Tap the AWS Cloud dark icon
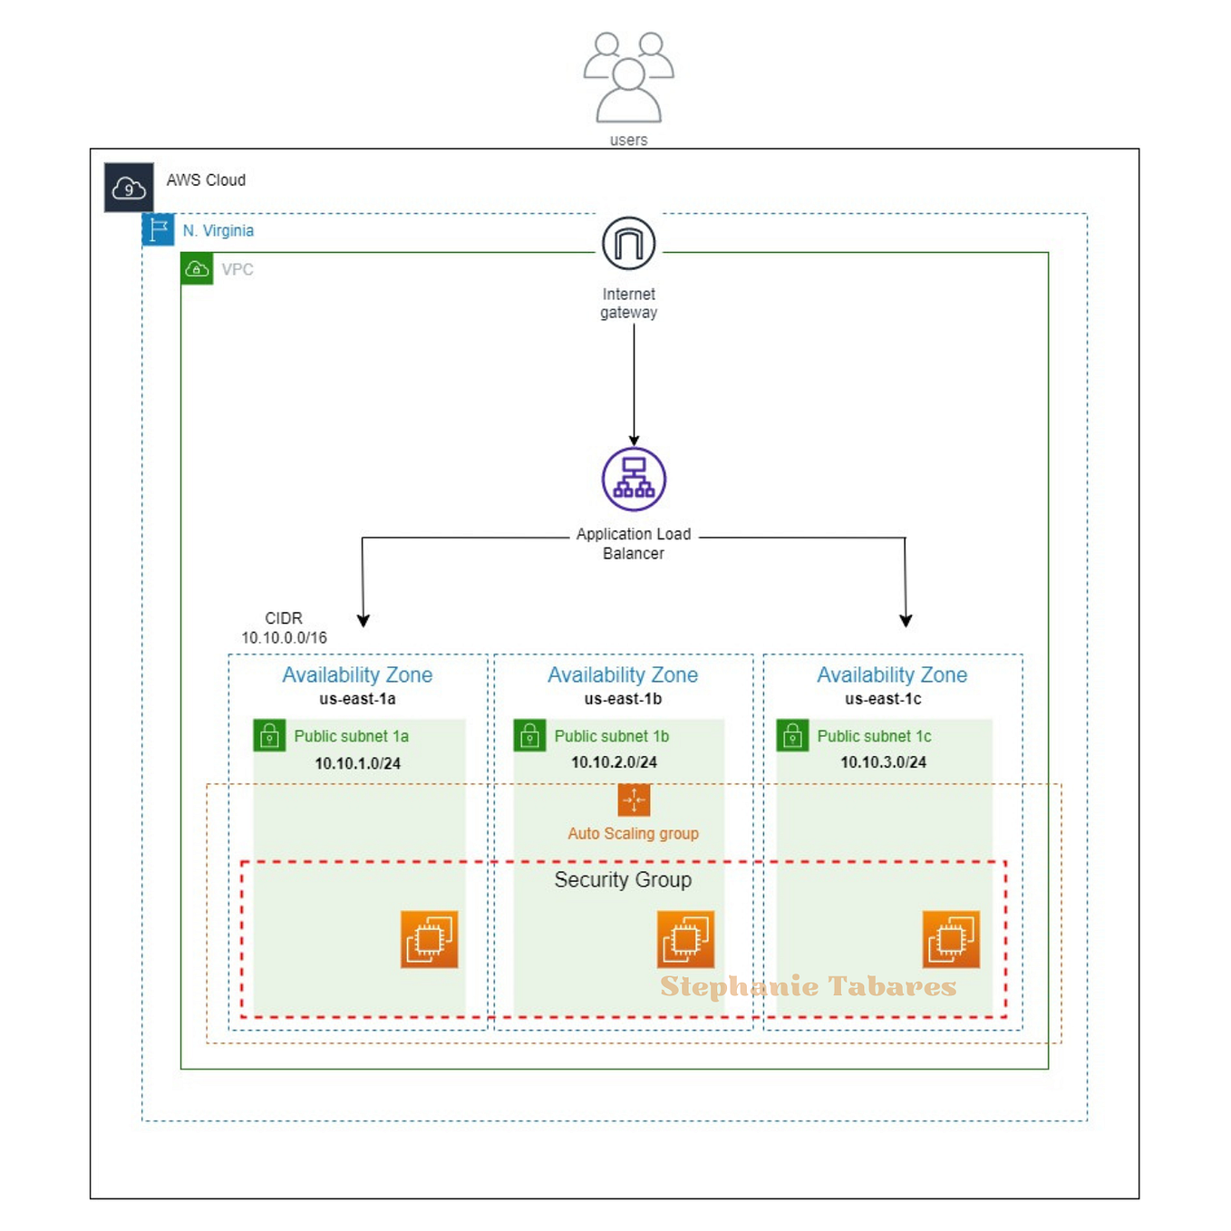pyautogui.click(x=129, y=188)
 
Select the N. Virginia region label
pyautogui.click(x=218, y=231)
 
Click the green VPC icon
pyautogui.click(x=197, y=269)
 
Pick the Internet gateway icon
pyautogui.click(x=628, y=243)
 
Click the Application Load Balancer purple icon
pyautogui.click(x=634, y=480)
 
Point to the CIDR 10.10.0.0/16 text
pyautogui.click(x=284, y=628)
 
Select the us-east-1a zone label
pyautogui.click(x=357, y=699)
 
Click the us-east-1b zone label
pyautogui.click(x=623, y=699)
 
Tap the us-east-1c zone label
pyautogui.click(x=883, y=699)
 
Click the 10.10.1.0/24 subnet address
pyautogui.click(x=357, y=763)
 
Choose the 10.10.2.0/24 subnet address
pyautogui.click(x=614, y=762)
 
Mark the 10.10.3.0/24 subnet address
pyautogui.click(x=883, y=762)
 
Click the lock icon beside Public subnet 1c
pyautogui.click(x=792, y=735)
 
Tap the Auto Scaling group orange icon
pyautogui.click(x=634, y=800)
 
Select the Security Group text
pyautogui.click(x=623, y=879)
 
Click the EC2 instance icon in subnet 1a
pyautogui.click(x=429, y=940)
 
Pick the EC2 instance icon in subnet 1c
pyautogui.click(x=951, y=940)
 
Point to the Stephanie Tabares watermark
pyautogui.click(x=808, y=986)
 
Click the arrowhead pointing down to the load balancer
pyautogui.click(x=634, y=441)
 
